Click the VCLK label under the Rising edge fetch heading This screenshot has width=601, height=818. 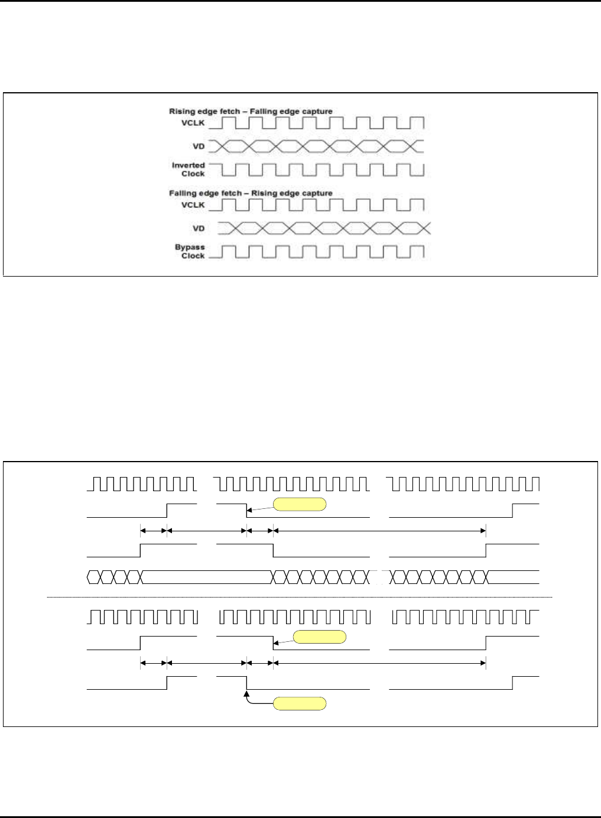point(193,123)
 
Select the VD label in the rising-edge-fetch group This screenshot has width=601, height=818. point(199,145)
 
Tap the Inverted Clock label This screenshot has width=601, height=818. point(188,170)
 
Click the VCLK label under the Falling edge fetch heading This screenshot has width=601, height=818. point(193,205)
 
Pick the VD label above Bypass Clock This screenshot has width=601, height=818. point(199,228)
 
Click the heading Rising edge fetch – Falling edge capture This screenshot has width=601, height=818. point(251,111)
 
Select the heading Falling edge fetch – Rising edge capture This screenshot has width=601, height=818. point(251,193)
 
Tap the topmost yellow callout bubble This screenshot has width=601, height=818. point(299,504)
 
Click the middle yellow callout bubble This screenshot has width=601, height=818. point(320,637)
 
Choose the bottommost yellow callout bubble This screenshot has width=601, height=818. point(299,703)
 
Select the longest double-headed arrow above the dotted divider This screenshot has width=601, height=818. point(379,531)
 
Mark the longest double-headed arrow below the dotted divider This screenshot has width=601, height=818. point(379,663)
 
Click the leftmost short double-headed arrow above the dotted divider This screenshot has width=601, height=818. point(154,531)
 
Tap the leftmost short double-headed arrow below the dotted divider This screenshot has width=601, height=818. point(154,663)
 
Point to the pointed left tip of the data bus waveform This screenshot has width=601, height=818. point(87,577)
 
